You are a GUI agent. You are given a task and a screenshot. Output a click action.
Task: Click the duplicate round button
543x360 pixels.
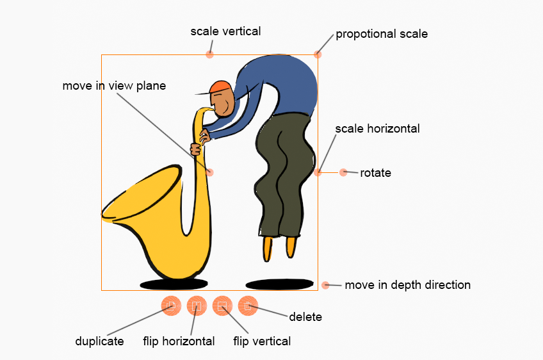point(171,306)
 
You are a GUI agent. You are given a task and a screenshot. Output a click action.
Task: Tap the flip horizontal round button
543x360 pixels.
point(197,306)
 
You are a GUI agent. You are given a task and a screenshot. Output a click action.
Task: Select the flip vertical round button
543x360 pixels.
point(222,306)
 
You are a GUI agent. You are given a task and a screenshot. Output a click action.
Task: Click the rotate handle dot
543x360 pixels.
point(343,172)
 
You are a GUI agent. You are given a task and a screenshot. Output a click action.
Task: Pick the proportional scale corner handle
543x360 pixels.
point(318,54)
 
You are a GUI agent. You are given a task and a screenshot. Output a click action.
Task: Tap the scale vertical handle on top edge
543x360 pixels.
point(209,54)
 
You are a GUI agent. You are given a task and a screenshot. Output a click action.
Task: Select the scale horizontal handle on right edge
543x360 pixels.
point(318,172)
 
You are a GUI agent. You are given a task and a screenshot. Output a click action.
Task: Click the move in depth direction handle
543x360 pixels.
point(325,285)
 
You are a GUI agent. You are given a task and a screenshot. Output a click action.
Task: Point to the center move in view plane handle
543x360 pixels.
point(209,172)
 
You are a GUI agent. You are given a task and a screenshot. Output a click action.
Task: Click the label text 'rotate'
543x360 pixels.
point(375,172)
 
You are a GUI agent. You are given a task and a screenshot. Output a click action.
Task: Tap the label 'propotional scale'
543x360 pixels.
point(382,34)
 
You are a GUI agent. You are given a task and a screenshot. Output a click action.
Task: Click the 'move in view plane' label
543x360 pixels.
point(114,86)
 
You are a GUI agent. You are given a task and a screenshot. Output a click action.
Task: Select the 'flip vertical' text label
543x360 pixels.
point(262,341)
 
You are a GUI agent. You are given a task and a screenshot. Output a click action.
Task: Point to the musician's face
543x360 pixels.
point(222,104)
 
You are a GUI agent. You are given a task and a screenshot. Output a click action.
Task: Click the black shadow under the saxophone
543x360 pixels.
point(174,284)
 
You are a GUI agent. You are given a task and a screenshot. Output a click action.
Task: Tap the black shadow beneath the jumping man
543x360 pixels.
point(279,284)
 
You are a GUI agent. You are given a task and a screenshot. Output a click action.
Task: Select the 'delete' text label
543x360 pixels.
point(305,316)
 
